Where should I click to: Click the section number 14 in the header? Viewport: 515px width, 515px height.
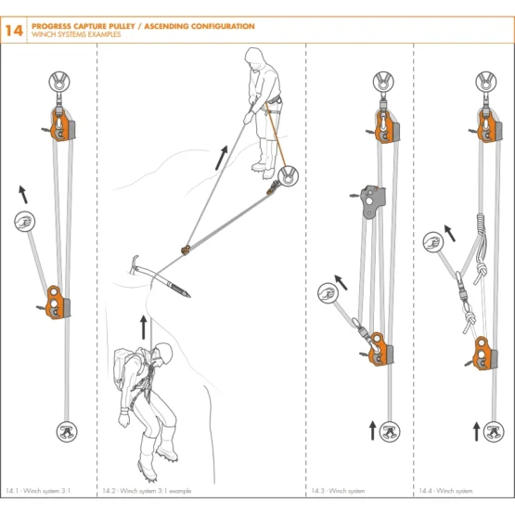click(x=14, y=31)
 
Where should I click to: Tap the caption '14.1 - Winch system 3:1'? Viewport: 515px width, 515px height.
click(x=38, y=491)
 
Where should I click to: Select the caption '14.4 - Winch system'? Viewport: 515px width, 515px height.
click(x=445, y=491)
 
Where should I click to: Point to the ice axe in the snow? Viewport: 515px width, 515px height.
click(x=158, y=277)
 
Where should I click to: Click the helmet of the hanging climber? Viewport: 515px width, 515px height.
click(x=164, y=353)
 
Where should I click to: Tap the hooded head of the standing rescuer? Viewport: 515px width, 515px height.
click(x=255, y=58)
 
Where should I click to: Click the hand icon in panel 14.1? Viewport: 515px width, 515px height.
click(x=25, y=222)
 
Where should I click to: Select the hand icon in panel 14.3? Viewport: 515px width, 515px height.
click(x=328, y=292)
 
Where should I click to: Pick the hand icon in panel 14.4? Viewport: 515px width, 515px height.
click(x=433, y=242)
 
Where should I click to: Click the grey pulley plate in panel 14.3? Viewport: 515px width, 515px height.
click(x=373, y=201)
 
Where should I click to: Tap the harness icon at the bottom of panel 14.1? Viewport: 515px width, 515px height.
click(x=67, y=431)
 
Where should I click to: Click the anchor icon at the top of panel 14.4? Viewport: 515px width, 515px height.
click(x=486, y=82)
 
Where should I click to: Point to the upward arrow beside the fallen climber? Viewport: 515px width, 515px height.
click(x=143, y=328)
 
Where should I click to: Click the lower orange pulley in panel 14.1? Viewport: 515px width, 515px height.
click(x=58, y=303)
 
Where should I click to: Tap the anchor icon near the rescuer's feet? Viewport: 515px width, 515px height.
click(x=288, y=176)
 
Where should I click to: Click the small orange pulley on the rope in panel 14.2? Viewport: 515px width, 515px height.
click(x=186, y=250)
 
